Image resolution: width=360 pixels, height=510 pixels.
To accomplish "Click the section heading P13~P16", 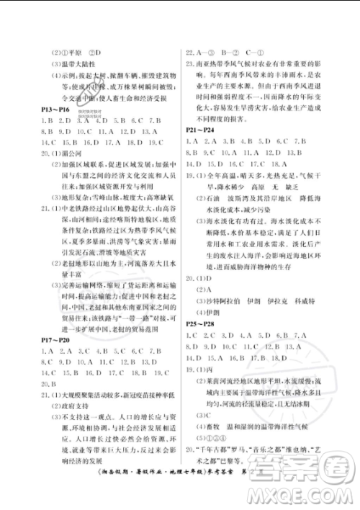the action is pos(53,107).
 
